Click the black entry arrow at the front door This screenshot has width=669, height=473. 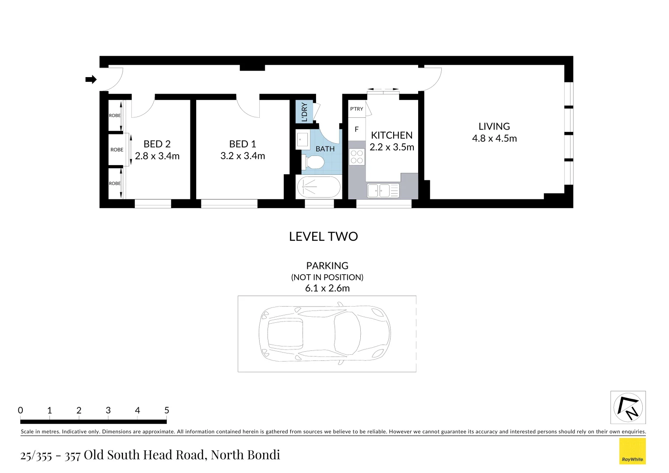tap(91, 79)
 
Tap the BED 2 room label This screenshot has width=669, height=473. tap(157, 144)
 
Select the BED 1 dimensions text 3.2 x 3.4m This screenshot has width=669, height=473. tap(243, 156)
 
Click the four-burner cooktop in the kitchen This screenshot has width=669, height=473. tap(357, 157)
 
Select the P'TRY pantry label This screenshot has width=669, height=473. tap(356, 109)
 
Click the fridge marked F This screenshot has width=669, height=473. tap(356, 129)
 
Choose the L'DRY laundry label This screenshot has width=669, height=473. tap(304, 112)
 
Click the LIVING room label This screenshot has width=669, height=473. tap(494, 127)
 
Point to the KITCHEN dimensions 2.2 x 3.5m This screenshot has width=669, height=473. tap(391, 147)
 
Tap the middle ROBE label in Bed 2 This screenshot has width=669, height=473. tap(117, 150)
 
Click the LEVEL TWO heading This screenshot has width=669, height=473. tap(323, 236)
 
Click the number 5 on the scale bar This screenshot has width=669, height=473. tap(166, 410)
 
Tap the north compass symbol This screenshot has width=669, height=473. tap(628, 407)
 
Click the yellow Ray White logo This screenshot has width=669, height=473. tap(632, 451)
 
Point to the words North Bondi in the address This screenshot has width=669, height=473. tap(245, 455)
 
